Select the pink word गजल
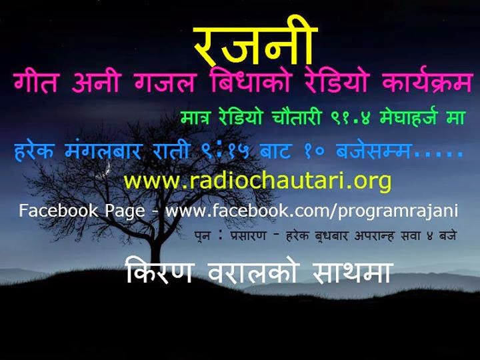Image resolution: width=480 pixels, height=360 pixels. coord(165,82)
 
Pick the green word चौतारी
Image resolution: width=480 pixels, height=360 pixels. coord(296,117)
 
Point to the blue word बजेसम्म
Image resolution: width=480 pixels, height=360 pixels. coord(373,151)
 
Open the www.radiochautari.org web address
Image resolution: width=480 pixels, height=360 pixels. coord(257,182)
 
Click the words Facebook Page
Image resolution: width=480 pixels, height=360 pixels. coord(82,211)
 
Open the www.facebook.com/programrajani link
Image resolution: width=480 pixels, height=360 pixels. coord(312,211)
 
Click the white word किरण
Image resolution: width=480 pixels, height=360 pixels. coord(159,271)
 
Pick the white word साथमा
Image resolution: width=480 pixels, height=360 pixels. coord(352,272)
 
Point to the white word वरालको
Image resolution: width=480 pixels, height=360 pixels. coord(252,271)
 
